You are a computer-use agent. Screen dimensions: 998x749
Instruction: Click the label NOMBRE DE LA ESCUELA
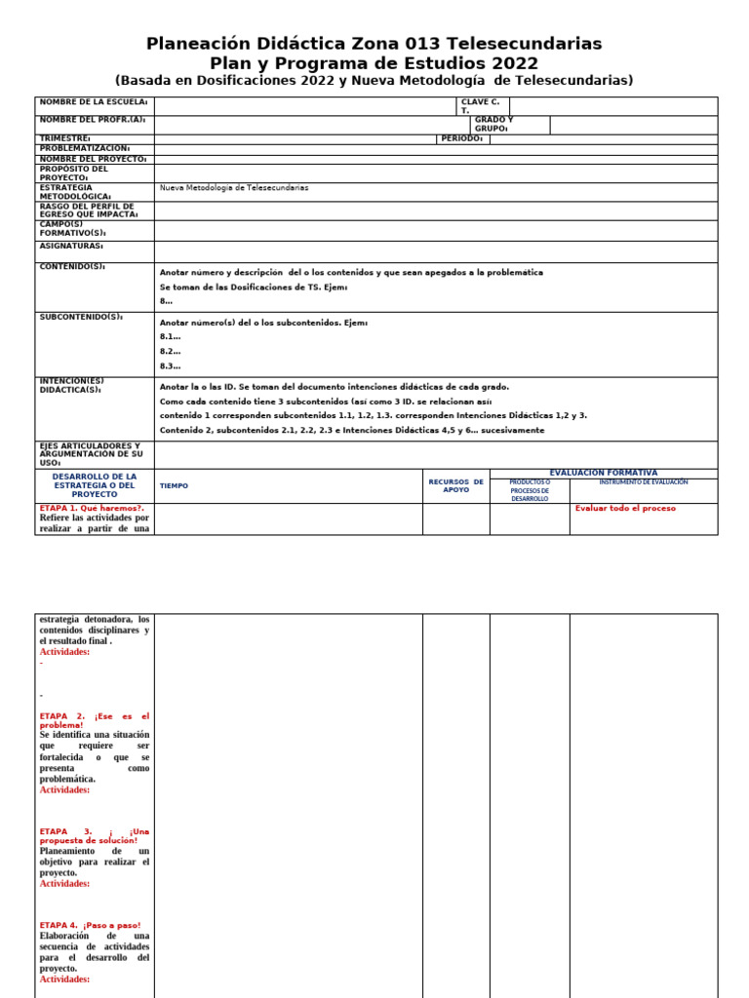(x=94, y=101)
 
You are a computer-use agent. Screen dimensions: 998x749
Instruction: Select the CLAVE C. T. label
(x=482, y=106)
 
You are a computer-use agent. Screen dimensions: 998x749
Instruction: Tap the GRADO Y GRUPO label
(x=493, y=124)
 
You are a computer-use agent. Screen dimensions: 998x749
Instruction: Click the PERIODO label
(x=461, y=138)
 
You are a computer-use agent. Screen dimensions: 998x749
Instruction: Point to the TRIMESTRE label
(x=65, y=138)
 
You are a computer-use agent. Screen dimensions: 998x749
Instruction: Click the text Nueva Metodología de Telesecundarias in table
(x=234, y=187)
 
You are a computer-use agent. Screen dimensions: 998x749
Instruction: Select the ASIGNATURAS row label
(x=71, y=246)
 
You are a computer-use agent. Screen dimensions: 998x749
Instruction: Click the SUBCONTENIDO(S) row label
(x=81, y=317)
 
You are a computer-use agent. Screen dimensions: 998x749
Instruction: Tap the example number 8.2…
(x=170, y=351)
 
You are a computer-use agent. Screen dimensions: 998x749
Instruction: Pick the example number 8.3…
(x=170, y=365)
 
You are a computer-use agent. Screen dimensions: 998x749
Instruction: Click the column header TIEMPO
(x=174, y=485)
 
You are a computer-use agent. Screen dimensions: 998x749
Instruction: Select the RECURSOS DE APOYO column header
(x=455, y=485)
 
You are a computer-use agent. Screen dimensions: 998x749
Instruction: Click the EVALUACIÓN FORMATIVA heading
(x=603, y=473)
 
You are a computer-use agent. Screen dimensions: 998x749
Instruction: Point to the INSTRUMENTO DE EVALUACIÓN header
(x=643, y=482)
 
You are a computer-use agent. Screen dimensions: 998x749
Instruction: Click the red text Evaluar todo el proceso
(x=625, y=508)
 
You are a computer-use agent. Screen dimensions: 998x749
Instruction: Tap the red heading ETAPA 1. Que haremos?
(x=92, y=508)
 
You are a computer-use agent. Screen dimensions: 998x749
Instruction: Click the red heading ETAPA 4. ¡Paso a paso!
(x=90, y=925)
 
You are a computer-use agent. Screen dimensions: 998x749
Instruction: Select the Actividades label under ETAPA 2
(x=64, y=789)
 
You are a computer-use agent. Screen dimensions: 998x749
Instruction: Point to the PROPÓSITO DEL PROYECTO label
(x=74, y=173)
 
